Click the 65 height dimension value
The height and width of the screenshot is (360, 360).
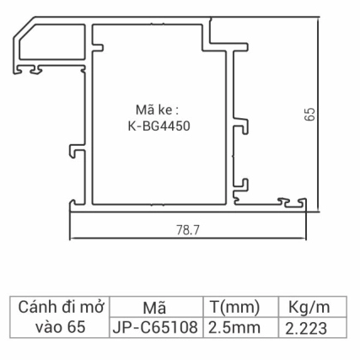click(x=309, y=115)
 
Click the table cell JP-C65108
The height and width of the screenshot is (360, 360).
click(x=155, y=326)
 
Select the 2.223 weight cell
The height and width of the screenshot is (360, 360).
click(x=303, y=326)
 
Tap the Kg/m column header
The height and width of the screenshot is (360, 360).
click(x=303, y=307)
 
